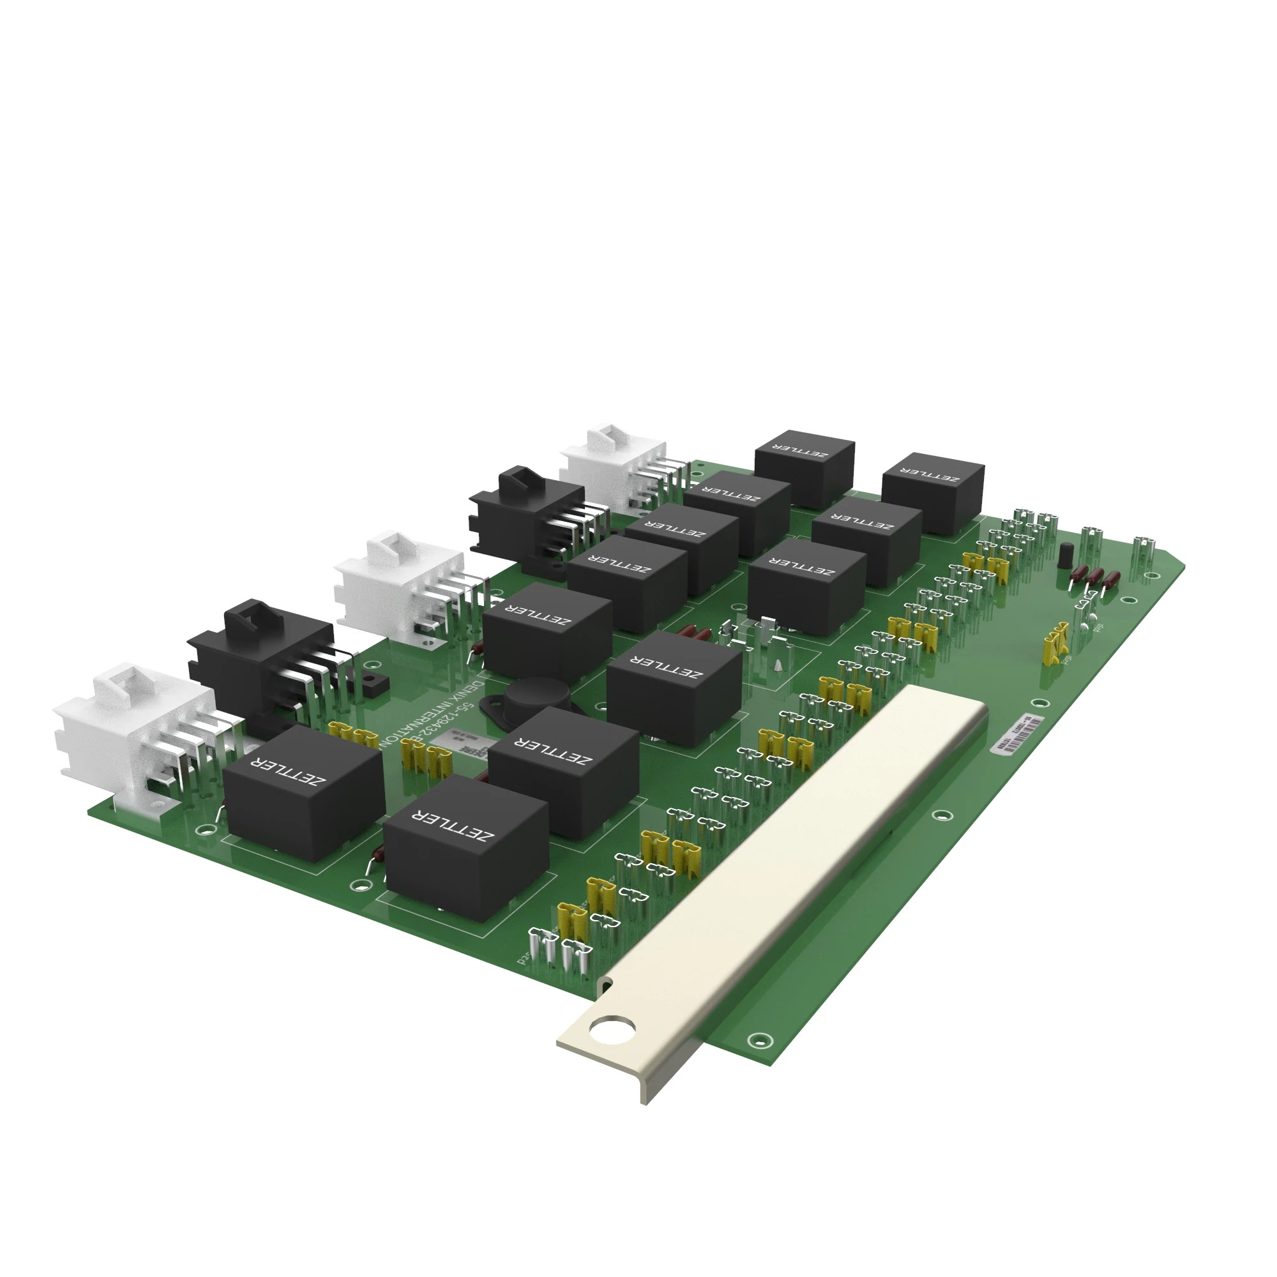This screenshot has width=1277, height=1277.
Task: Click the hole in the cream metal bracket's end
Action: click(x=613, y=1029)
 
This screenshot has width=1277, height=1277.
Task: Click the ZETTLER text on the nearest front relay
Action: click(x=453, y=826)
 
